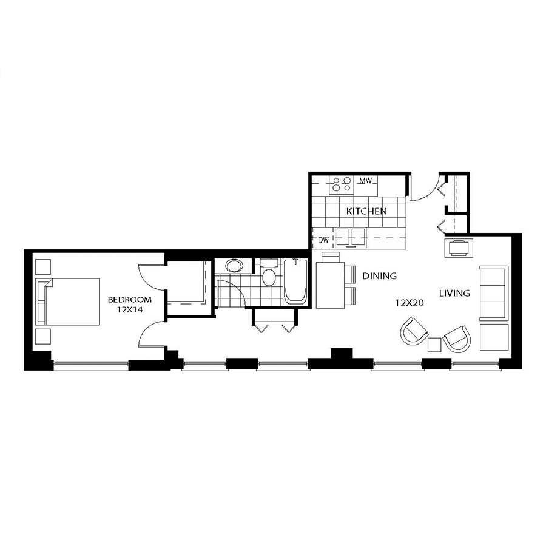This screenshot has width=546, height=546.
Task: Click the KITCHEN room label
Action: (x=366, y=211)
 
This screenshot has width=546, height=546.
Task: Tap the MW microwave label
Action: (x=366, y=181)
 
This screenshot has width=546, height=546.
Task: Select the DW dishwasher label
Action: (x=323, y=240)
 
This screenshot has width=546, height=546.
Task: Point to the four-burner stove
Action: (x=341, y=184)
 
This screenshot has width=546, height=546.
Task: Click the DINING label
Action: (x=380, y=276)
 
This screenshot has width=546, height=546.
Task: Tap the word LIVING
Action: (x=454, y=293)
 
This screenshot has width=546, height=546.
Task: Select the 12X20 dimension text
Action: (x=409, y=303)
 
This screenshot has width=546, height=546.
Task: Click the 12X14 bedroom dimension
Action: (x=130, y=309)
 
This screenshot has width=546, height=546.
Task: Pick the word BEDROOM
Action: (x=130, y=300)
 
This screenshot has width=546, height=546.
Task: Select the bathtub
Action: (x=295, y=282)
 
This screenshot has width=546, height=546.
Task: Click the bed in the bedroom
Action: (x=68, y=302)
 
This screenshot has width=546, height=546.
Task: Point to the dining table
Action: (x=330, y=286)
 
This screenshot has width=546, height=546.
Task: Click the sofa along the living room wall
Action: (x=494, y=293)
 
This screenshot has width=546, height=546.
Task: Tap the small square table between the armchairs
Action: (x=434, y=345)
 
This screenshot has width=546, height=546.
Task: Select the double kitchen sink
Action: (x=351, y=237)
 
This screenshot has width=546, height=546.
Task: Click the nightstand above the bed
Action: (x=44, y=267)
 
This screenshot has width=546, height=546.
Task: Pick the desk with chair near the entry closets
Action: (x=459, y=248)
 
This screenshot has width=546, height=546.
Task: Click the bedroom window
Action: (x=90, y=365)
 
